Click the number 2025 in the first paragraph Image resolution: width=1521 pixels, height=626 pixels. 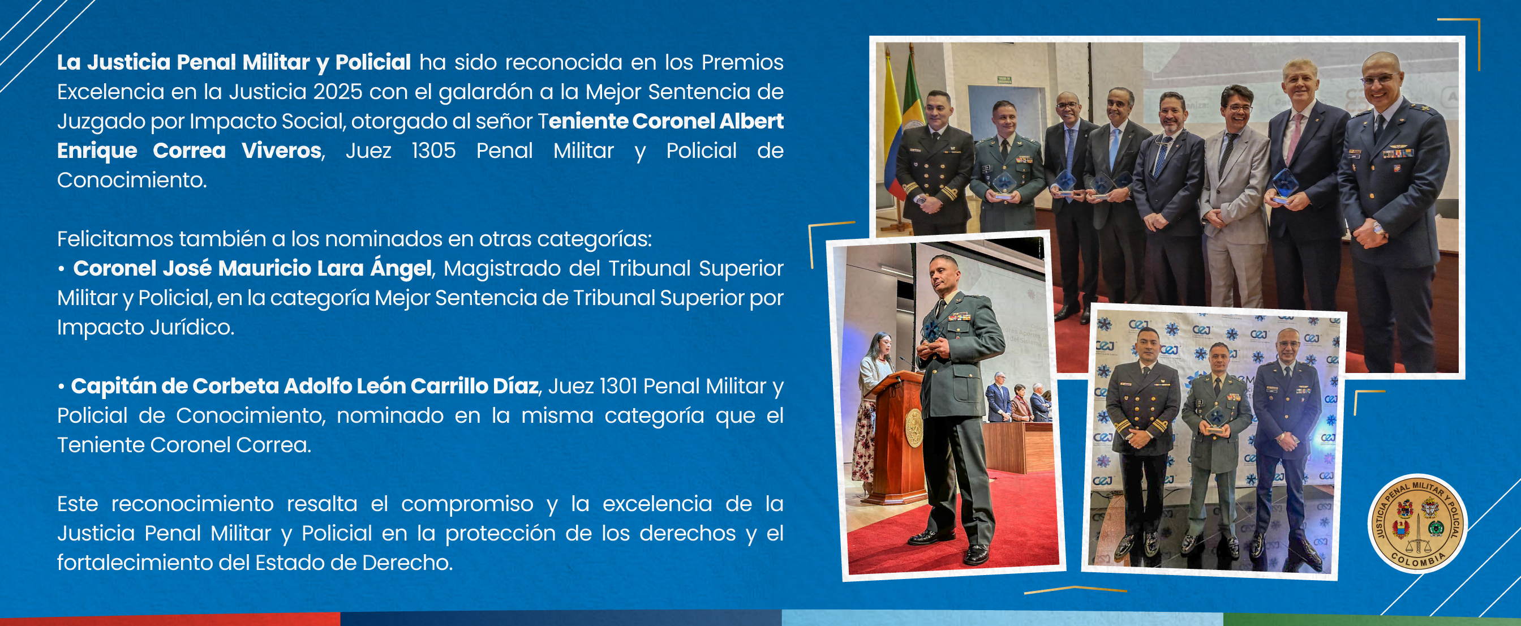point(338,92)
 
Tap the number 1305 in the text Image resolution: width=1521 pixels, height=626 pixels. point(433,151)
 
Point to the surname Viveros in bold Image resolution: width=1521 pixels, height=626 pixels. point(282,151)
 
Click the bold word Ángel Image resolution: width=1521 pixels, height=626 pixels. point(401,268)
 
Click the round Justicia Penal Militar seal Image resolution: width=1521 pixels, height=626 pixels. point(1417,523)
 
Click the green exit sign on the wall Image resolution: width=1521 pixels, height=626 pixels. point(1004,80)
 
